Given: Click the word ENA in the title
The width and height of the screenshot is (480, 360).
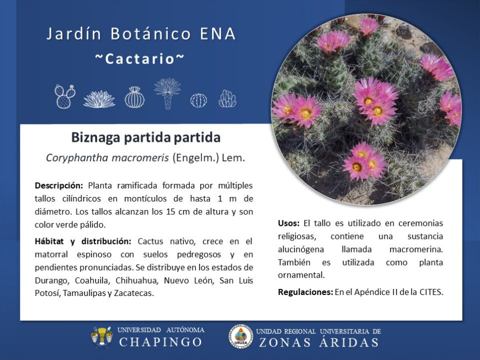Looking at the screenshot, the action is [217, 33].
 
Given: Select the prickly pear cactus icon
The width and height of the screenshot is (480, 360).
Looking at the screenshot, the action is [65, 96].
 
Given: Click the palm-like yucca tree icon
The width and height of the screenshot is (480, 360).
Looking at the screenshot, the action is [167, 93].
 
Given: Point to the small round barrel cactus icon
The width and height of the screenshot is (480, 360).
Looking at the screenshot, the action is [198, 100].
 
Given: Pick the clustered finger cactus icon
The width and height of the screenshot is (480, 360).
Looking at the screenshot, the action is [227, 98].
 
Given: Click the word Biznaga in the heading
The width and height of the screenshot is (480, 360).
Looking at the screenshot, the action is [95, 138].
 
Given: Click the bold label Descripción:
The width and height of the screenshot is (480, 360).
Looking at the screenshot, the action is [59, 186].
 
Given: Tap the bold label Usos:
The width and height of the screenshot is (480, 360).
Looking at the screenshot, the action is [288, 223].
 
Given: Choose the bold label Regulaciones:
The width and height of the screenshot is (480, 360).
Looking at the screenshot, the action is [305, 292].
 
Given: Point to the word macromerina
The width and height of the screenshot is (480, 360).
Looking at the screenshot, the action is [416, 249].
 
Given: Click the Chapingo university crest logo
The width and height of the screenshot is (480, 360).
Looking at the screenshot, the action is [101, 337].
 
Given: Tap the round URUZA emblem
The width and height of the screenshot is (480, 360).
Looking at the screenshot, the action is [241, 337].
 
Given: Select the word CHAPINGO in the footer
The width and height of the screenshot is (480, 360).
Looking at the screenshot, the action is [160, 342].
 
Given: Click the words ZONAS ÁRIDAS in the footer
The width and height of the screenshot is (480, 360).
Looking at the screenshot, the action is [319, 342].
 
